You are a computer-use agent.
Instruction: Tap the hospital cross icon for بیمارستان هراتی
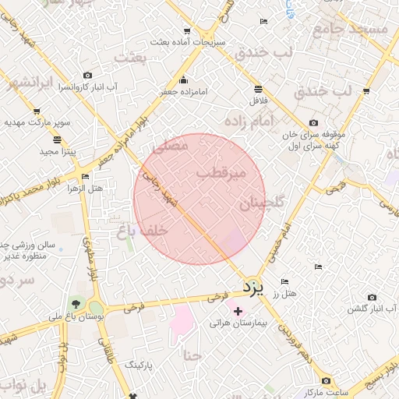[x=238, y=311]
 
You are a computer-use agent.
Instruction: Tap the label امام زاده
[x=249, y=122]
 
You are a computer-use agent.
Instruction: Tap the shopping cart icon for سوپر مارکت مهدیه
[x=36, y=111]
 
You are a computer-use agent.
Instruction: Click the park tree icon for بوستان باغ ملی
[x=75, y=303]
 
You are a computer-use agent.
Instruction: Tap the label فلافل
[x=258, y=101]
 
